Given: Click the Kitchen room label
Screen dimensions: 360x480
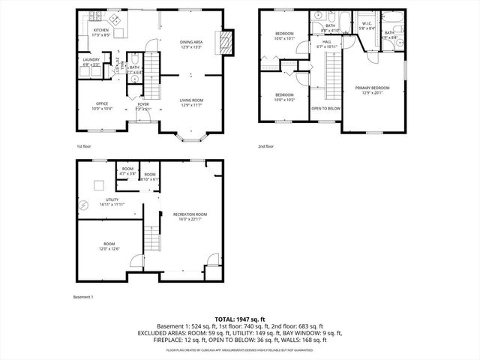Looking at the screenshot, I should pos(100,31).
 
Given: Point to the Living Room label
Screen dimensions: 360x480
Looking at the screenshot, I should pos(191,100).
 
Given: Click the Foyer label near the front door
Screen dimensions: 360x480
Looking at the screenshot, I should pos(142,104).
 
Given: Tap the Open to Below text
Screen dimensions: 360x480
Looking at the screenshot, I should pos(326,108).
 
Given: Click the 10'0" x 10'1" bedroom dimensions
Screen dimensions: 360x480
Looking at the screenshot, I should pos(284,38).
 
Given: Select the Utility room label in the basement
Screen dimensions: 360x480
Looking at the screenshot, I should pos(112,199).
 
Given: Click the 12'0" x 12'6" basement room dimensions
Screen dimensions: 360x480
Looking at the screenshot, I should pos(109,248).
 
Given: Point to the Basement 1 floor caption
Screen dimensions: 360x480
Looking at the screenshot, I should pos(82,298).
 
